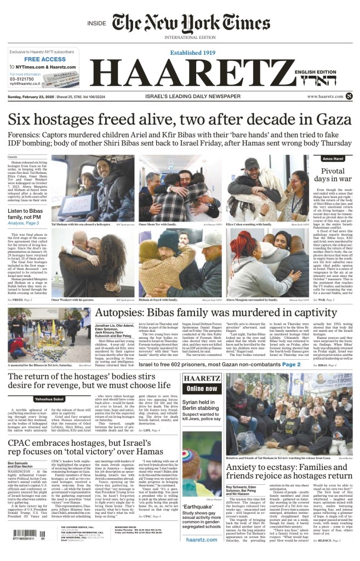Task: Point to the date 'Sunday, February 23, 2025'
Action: (33, 97)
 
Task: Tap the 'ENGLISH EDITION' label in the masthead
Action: (327, 72)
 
